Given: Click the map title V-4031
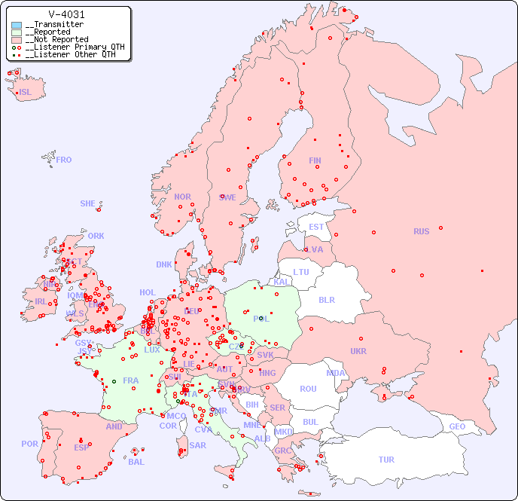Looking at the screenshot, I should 66,14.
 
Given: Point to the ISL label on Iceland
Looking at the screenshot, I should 26,93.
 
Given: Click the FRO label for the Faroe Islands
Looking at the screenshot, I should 64,160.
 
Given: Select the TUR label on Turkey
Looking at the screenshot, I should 386,460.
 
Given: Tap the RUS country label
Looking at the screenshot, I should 421,231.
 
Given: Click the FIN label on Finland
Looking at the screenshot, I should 315,160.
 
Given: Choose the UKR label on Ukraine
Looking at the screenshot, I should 358,351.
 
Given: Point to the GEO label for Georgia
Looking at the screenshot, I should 457,426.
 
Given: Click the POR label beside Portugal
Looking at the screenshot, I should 29,444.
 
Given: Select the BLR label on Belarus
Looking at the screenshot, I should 326,299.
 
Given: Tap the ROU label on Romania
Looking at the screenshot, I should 308,389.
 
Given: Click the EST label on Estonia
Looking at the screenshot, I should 316,227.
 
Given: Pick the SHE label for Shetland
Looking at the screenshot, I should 88,203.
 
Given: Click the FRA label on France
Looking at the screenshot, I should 131,380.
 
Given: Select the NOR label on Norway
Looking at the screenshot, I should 182,197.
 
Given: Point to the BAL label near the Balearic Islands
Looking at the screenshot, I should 136,462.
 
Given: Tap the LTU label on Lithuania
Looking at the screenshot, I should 301,272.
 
